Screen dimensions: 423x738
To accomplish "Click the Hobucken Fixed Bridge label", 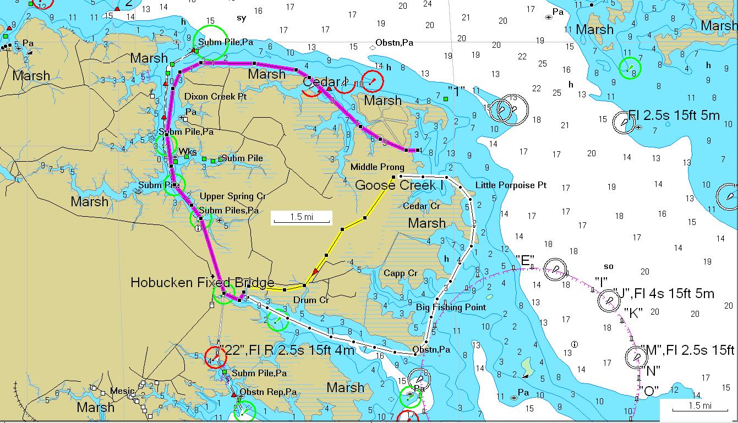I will coord(202,283).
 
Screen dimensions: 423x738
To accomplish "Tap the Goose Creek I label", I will coord(400,185).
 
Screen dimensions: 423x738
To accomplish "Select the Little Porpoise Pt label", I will coord(511,185).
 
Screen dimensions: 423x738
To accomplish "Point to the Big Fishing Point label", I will coord(451,307).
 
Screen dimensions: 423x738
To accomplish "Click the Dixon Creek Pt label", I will coord(215,96).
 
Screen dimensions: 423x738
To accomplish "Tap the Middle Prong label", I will coord(377,167).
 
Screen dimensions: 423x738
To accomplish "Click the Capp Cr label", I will coord(401,273).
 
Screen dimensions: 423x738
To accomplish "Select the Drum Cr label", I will coord(311,300).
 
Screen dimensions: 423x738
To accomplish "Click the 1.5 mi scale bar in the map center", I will coord(301,218).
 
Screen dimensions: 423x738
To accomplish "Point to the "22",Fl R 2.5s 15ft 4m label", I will coord(287,350).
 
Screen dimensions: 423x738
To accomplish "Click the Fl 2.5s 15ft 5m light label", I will coord(674,116).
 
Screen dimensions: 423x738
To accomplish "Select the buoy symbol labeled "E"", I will coord(555,269).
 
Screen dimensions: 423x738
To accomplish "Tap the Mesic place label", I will coord(122,391).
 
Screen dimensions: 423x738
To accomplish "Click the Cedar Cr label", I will coord(422,206).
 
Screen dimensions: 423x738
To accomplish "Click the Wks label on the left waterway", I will coord(188,152).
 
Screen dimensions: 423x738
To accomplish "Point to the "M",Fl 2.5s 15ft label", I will coord(688,350).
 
